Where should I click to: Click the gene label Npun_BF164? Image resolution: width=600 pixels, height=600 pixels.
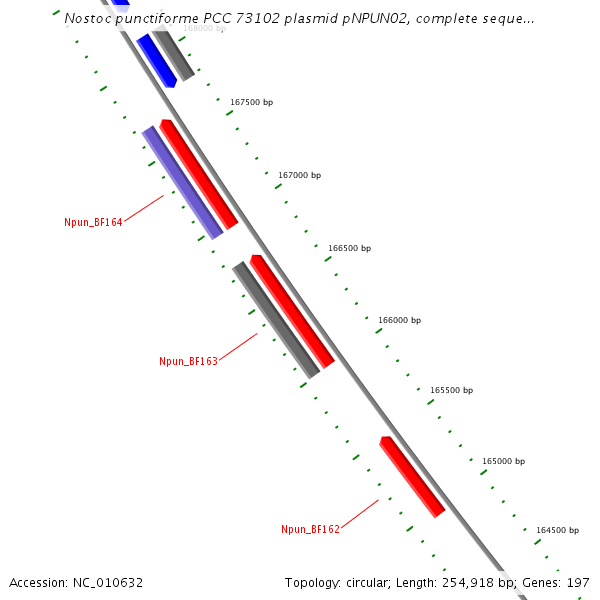tap(93, 222)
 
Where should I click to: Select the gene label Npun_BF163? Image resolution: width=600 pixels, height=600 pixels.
tap(188, 361)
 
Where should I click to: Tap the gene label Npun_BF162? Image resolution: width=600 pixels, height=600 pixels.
tap(310, 529)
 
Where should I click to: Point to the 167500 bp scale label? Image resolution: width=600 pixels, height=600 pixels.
tap(251, 102)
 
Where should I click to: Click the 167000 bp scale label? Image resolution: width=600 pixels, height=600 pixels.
tap(299, 175)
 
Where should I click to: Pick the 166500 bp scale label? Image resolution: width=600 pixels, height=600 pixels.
tap(349, 248)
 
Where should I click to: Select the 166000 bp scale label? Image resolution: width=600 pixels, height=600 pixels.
tap(399, 320)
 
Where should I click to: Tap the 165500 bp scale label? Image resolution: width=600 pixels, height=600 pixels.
tap(451, 390)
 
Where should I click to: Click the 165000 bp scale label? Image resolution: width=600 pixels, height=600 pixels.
tap(503, 461)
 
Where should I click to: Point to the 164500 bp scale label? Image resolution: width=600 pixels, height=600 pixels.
tap(557, 530)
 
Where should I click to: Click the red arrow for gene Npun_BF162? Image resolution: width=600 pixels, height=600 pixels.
tap(412, 477)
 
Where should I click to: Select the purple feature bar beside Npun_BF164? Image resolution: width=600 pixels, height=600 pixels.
tap(182, 183)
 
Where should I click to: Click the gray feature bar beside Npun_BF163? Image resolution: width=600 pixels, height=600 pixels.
tap(276, 320)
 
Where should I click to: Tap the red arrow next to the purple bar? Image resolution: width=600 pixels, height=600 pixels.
tap(199, 174)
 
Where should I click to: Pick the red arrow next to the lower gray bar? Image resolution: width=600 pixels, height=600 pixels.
tap(292, 311)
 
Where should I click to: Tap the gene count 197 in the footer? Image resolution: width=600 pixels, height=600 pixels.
tap(578, 582)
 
